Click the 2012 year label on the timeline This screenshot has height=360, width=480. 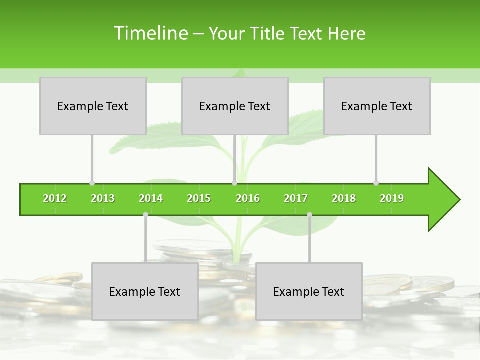point(55,198)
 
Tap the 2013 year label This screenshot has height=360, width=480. point(103,198)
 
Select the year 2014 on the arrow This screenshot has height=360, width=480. point(151,198)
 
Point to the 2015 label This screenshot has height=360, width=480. point(199,198)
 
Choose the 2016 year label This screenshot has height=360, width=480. point(248,198)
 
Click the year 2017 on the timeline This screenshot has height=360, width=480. point(296,198)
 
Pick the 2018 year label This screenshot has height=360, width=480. point(344,198)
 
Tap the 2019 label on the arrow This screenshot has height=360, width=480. point(392,198)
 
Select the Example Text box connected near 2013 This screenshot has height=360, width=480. point(93,106)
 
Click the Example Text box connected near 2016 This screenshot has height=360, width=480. point(235,106)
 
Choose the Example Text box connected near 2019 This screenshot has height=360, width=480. point(377,106)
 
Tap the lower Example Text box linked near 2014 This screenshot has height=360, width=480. point(145,291)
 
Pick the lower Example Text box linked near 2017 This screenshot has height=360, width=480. point(309,291)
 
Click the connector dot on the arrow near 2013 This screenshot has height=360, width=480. point(92,183)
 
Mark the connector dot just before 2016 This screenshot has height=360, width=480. point(234,183)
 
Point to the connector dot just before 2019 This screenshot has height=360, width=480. point(376,183)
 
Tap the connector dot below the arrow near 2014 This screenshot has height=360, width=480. point(145,214)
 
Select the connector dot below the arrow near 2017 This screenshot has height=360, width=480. point(309,214)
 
